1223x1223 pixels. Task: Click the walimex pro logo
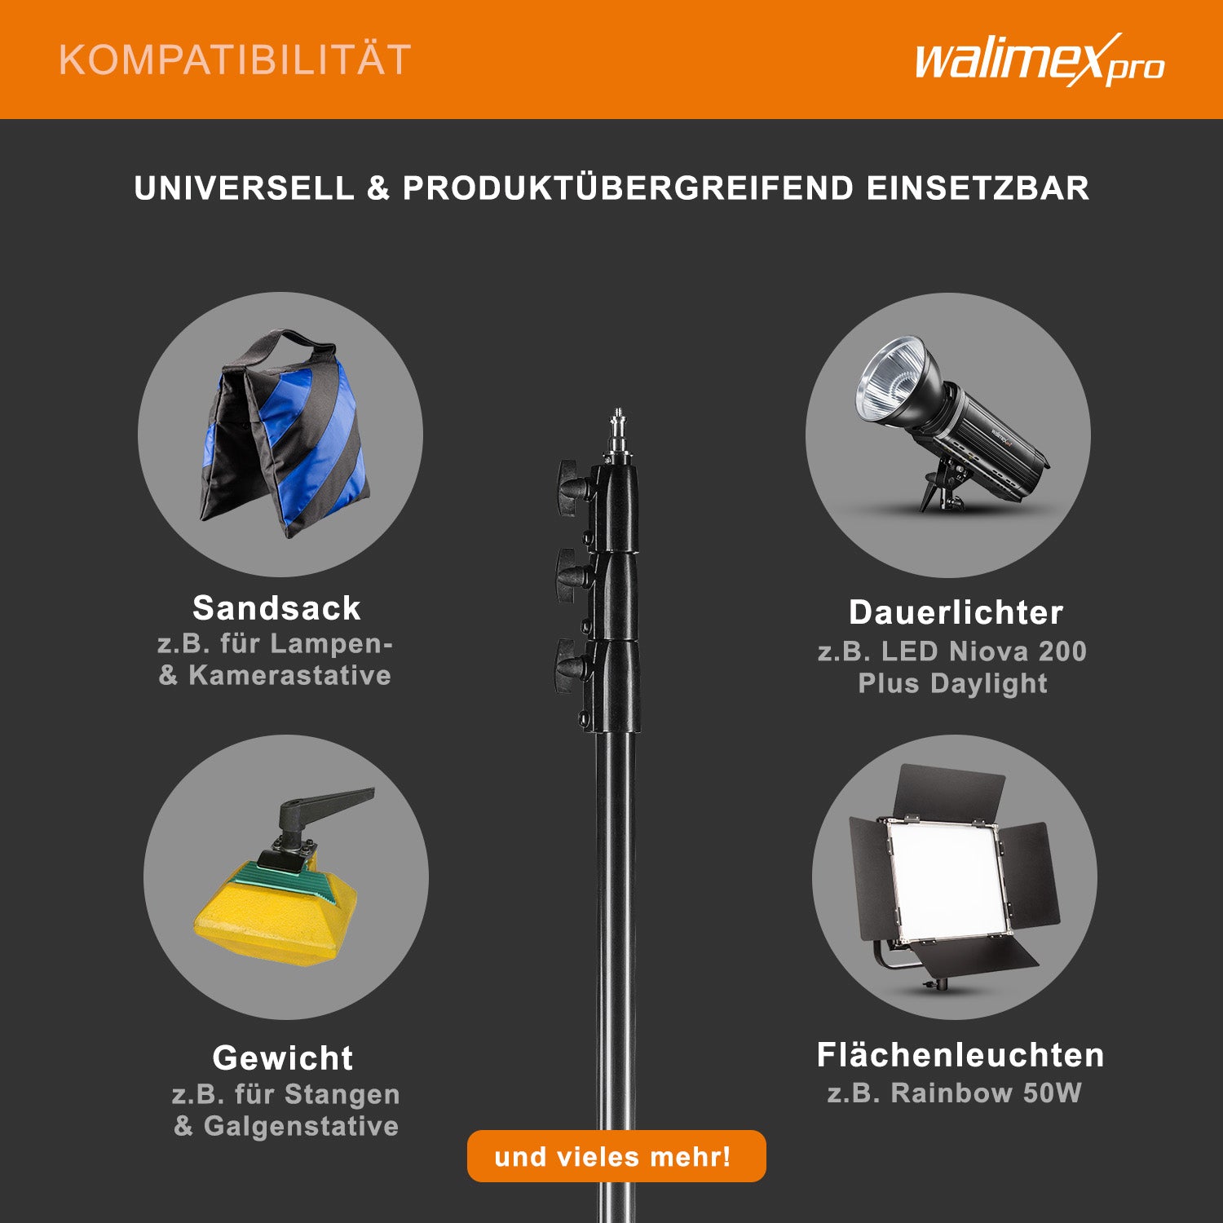coord(1040,60)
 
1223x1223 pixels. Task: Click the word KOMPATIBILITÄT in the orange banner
coord(235,60)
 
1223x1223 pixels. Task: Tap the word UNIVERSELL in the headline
coord(245,188)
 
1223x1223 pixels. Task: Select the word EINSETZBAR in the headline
coord(978,188)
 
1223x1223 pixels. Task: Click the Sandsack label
coord(276,608)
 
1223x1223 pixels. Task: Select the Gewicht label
coord(283,1058)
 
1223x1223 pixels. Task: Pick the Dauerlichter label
coord(956,613)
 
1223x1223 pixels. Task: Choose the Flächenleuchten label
coord(960,1055)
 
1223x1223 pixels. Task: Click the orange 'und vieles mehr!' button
coord(616,1156)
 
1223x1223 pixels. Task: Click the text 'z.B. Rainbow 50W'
coord(955,1093)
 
